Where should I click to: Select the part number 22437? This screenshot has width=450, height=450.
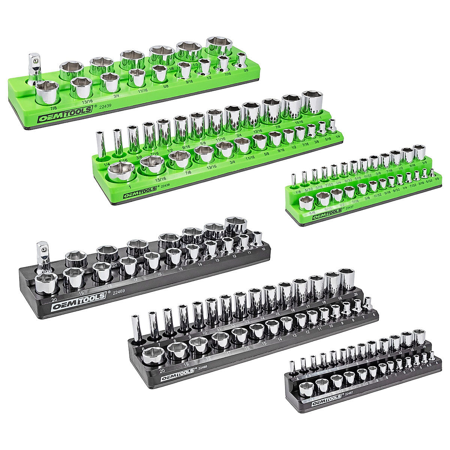pos(349,207)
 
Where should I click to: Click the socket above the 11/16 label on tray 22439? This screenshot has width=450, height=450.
pos(136,78)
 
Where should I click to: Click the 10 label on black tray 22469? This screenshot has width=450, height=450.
pos(263,249)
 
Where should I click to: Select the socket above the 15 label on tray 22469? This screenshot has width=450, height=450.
pos(173,256)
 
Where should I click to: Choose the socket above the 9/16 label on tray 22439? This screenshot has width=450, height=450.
pos(184,70)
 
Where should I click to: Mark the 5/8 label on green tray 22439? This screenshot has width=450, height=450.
pos(164,85)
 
